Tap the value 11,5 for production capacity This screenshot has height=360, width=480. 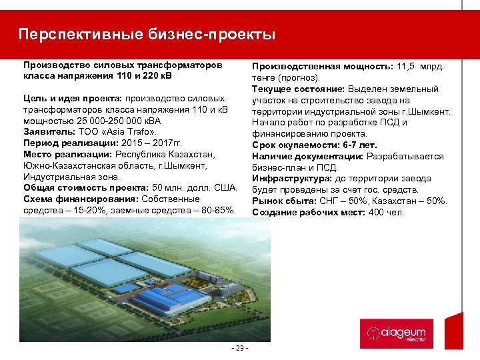(409, 67)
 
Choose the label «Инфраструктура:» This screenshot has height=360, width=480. (288, 179)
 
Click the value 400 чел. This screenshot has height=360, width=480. (386, 212)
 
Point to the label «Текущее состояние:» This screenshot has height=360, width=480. (297, 89)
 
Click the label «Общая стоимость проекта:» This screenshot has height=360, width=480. (86, 188)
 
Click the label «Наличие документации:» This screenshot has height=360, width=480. (307, 156)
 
